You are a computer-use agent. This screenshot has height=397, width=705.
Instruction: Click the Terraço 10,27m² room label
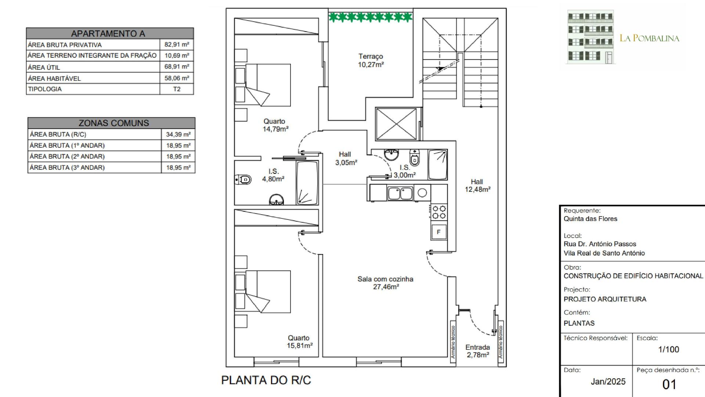371,61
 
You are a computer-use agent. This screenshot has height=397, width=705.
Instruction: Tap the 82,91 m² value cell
177,44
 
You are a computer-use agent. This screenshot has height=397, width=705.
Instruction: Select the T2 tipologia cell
177,89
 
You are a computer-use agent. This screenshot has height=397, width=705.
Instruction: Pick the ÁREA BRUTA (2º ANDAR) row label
67,156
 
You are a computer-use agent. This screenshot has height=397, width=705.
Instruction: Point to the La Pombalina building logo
591,37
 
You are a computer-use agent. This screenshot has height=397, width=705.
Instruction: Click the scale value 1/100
669,349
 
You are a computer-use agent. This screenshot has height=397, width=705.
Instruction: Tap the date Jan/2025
608,382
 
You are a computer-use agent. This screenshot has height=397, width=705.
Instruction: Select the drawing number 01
669,385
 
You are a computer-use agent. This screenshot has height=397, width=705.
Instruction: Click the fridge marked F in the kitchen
438,232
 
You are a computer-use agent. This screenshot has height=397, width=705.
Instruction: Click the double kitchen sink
400,193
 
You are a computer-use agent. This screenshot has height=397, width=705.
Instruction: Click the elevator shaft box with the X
397,124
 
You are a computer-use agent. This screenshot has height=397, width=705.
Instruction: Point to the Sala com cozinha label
386,279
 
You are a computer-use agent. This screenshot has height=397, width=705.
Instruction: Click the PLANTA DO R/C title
266,380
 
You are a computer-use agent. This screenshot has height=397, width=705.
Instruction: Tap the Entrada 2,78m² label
478,351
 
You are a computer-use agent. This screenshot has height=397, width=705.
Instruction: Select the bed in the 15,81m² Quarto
263,292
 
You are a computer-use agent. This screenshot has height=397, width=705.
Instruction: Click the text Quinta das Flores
590,219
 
